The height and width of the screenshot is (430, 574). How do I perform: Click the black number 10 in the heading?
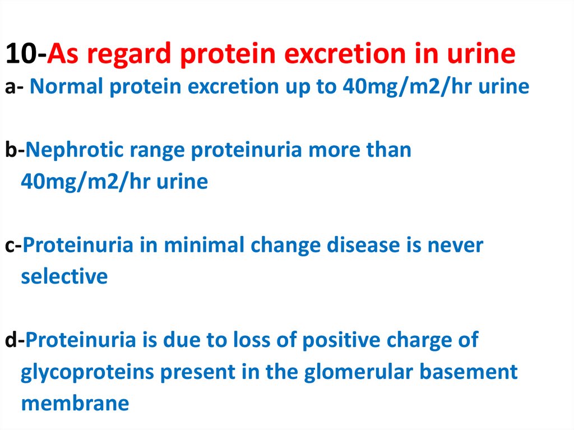[x=21, y=53]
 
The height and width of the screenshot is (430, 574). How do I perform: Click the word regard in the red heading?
[x=129, y=55]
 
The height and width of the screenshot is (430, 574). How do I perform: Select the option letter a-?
[x=14, y=87]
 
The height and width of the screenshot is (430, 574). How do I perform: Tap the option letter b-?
[x=15, y=150]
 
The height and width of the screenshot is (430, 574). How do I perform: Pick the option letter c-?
[x=13, y=246]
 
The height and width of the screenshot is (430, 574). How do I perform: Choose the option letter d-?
[x=15, y=340]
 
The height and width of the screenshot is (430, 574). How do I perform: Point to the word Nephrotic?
[x=74, y=151]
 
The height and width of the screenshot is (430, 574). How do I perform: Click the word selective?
[x=64, y=276]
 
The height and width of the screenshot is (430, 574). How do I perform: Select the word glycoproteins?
[x=87, y=373]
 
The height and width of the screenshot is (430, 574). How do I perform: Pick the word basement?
[x=469, y=372]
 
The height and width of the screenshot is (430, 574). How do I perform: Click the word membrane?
[x=75, y=403]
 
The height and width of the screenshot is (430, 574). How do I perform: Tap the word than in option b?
[x=389, y=150]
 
